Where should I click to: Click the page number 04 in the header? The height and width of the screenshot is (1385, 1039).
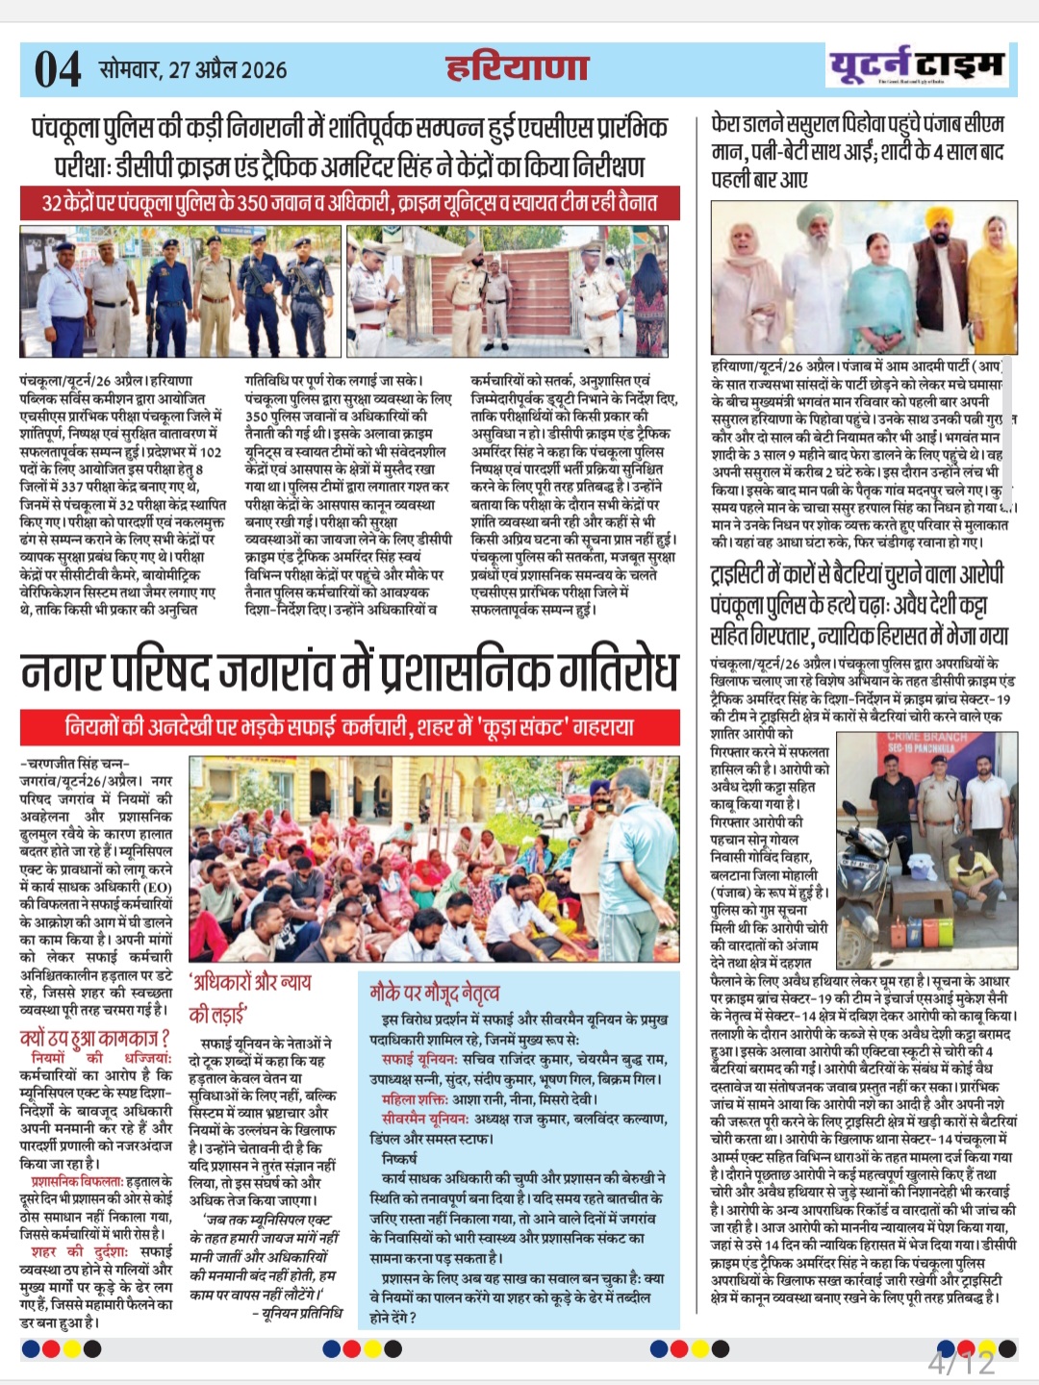pyautogui.click(x=58, y=69)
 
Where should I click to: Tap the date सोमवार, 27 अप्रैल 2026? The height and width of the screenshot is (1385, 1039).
pyautogui.click(x=192, y=69)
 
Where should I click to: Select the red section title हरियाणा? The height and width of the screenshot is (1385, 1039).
pyautogui.click(x=517, y=67)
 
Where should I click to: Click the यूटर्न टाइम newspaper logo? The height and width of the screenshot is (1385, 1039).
pyautogui.click(x=916, y=65)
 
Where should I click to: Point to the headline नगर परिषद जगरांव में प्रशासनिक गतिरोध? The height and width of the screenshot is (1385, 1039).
pyautogui.click(x=349, y=671)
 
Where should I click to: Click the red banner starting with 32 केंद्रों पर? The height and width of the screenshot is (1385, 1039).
pyautogui.click(x=349, y=203)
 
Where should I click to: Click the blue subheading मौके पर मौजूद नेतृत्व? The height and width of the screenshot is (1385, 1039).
pyautogui.click(x=435, y=992)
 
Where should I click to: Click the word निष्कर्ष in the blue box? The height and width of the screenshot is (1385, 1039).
pyautogui.click(x=399, y=1158)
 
